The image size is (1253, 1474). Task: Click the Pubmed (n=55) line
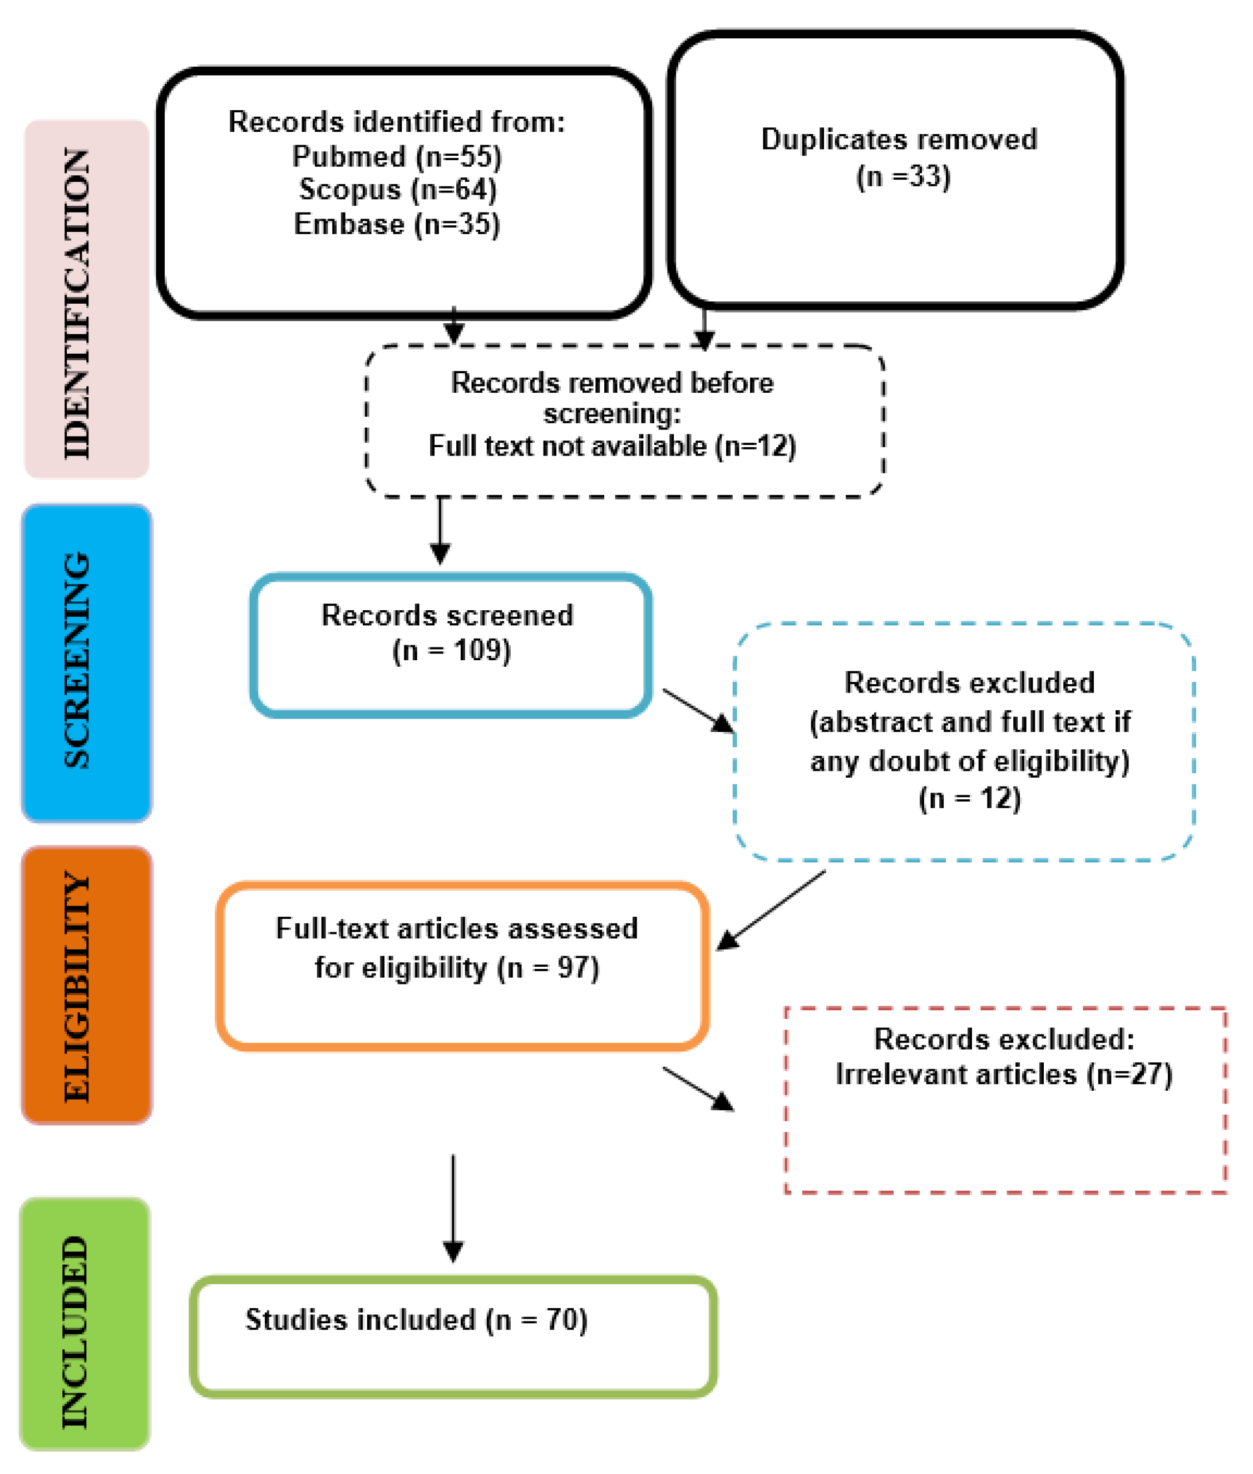point(396,156)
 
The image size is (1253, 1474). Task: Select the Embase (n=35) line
point(396,224)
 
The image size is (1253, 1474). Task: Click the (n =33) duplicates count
point(903,176)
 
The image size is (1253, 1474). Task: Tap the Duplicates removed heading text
point(899,139)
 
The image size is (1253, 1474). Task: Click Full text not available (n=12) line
point(611,446)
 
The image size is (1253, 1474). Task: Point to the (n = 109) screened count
point(451,650)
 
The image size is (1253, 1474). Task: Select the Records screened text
point(447,615)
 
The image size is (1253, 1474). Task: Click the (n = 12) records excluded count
point(969,798)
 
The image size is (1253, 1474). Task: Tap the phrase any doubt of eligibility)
point(969,761)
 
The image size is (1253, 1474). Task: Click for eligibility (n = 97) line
point(457,967)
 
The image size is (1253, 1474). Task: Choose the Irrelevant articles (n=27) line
point(1003,1074)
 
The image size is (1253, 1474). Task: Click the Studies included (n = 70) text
point(416,1319)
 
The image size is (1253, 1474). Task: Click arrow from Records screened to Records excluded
point(698,710)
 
